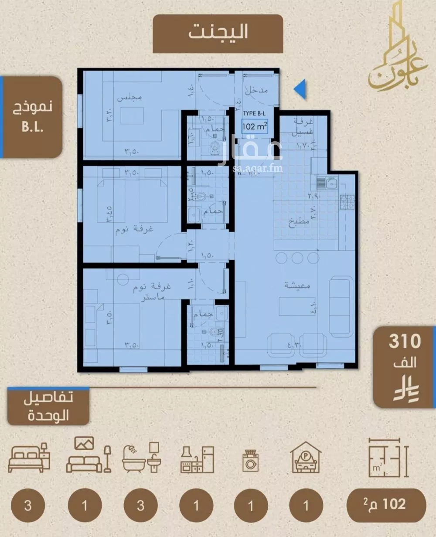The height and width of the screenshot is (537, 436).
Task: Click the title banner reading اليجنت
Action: (x=218, y=34)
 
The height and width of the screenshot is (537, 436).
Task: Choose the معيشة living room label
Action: (x=298, y=286)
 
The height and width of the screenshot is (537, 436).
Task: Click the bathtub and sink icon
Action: (x=142, y=458)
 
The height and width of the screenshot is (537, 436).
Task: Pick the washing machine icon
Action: (x=251, y=461)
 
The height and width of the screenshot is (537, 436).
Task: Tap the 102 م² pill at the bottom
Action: (x=386, y=505)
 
